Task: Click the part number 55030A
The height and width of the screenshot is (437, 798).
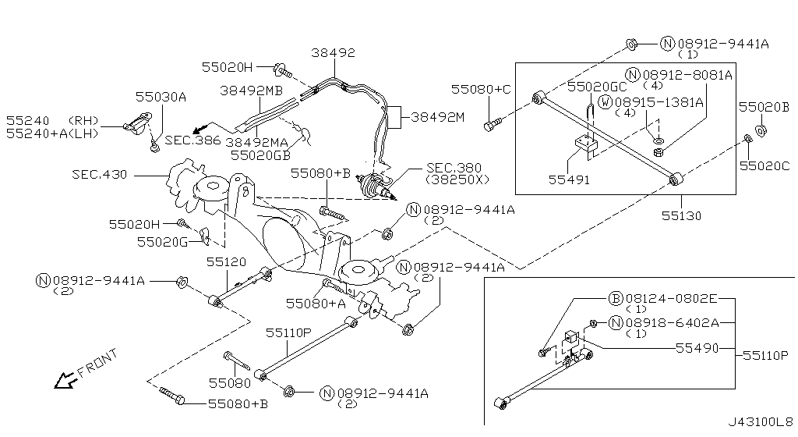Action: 161,97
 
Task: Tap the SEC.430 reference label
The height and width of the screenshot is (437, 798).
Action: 100,175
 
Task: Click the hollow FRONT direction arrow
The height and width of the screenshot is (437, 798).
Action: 61,380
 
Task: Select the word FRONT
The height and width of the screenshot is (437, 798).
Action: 99,364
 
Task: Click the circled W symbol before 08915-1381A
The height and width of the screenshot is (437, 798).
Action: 606,102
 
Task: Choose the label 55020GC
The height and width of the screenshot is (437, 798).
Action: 596,87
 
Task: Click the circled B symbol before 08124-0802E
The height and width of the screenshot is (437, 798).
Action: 614,298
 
